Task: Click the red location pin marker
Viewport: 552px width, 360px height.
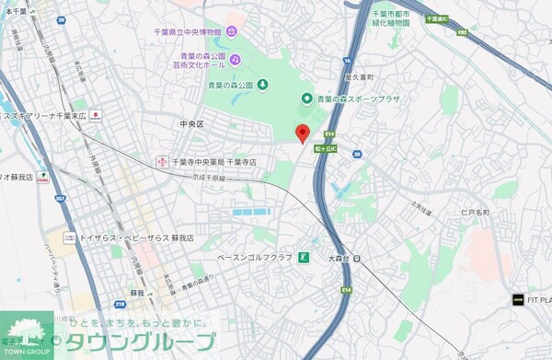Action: [301, 133]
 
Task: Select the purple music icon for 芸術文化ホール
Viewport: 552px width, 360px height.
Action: [236, 59]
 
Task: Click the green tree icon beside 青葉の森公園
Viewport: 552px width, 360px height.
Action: [261, 85]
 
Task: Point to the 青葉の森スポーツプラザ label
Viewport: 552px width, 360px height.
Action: [358, 99]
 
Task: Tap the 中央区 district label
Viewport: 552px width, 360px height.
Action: [193, 122]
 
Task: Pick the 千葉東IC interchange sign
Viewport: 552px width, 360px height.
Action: [435, 17]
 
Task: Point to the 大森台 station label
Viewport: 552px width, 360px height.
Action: [341, 259]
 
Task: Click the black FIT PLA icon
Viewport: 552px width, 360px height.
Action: [517, 299]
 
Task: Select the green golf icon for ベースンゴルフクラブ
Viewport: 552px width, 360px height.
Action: [305, 257]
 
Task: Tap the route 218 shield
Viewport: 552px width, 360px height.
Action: [120, 304]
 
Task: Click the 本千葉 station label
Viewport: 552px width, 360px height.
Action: [14, 11]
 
